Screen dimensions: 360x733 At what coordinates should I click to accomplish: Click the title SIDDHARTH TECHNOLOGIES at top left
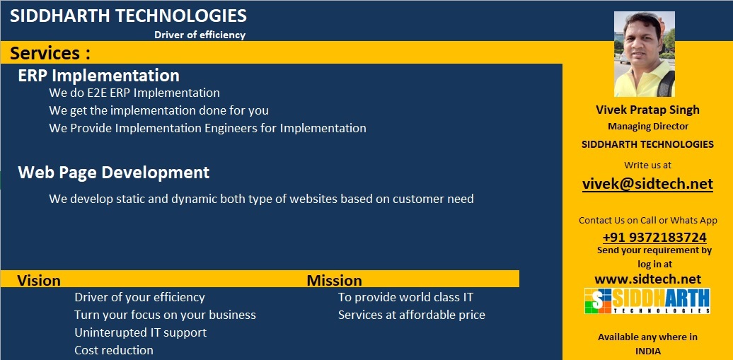coord(128,16)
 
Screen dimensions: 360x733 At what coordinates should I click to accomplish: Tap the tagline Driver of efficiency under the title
coord(200,35)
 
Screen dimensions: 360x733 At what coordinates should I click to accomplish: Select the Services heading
coord(50,53)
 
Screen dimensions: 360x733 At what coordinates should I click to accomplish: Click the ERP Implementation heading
coord(98,75)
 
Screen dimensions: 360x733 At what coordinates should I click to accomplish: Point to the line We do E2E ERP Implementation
coord(134,93)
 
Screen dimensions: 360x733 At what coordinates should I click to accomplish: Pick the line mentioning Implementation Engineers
coord(207,128)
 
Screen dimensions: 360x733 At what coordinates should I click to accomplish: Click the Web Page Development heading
coord(113,172)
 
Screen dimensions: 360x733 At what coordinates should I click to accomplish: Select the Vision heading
coord(39,280)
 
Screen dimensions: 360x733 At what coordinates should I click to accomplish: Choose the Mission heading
coord(334,280)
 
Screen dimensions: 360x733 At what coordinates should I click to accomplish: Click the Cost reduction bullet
coord(113,350)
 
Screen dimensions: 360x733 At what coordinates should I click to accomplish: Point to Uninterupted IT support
coord(140,332)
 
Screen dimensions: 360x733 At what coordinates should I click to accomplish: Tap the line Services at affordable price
coord(411,315)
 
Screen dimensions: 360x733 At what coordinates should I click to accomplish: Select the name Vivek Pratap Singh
coord(647,110)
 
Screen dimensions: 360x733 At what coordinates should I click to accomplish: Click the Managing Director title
coord(647,126)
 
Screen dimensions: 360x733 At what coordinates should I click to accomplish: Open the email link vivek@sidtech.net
coord(647,184)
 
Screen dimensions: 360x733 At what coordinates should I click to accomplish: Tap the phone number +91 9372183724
coord(654,238)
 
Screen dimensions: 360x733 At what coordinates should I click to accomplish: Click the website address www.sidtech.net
coord(647,279)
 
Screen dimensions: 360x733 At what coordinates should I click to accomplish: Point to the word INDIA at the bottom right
coord(647,351)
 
